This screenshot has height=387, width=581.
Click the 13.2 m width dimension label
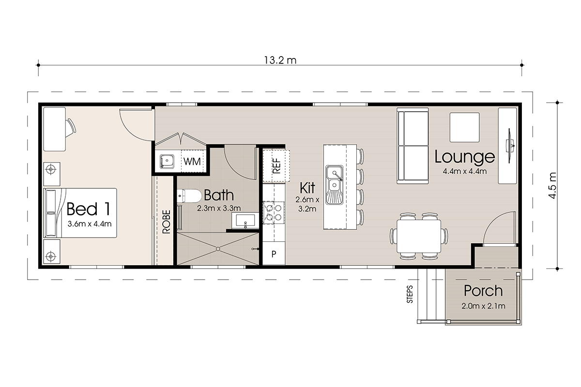[x=280, y=60]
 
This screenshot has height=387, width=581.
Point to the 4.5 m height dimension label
[x=552, y=186]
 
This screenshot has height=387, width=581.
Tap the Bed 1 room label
[x=89, y=209]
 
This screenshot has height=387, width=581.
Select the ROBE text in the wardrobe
[x=167, y=222]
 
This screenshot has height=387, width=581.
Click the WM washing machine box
[x=192, y=161]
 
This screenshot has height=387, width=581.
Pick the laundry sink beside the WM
[x=167, y=162]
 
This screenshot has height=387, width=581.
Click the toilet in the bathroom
[x=190, y=196]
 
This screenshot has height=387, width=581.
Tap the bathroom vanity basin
[x=245, y=221]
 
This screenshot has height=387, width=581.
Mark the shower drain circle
[x=218, y=249]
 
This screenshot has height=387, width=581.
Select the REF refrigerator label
[x=277, y=165]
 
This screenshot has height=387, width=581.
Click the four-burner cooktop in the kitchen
[x=274, y=212]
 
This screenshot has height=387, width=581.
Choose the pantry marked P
[x=274, y=253]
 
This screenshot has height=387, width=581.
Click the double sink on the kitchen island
[x=335, y=185]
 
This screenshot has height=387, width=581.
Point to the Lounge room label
[x=464, y=157]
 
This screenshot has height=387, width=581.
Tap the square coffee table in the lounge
[x=464, y=127]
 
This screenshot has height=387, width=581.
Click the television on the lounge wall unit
[x=510, y=146]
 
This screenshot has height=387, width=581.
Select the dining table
[x=419, y=237]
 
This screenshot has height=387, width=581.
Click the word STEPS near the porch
[x=410, y=294]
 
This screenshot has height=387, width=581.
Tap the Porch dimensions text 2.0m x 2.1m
[x=483, y=306]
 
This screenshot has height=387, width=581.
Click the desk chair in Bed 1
[x=71, y=128]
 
